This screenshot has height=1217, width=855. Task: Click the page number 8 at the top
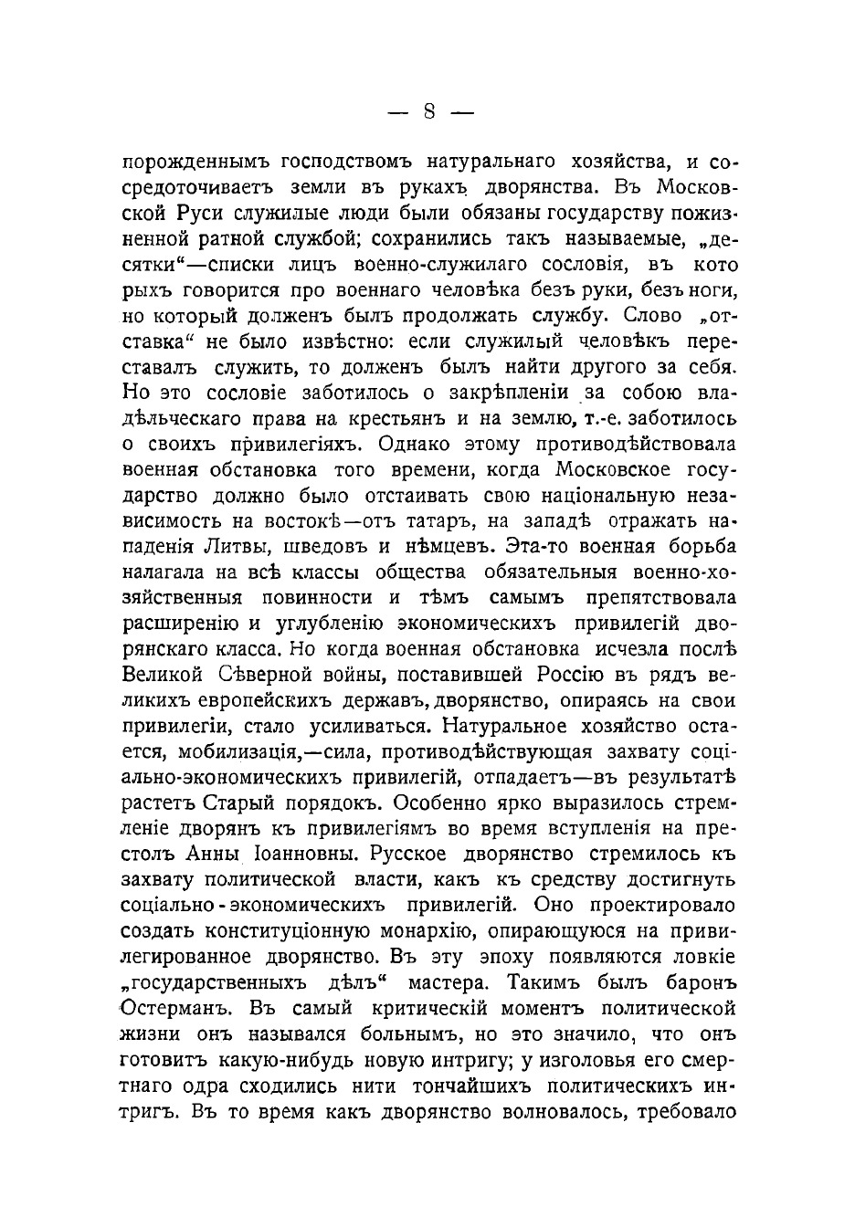click(428, 112)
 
